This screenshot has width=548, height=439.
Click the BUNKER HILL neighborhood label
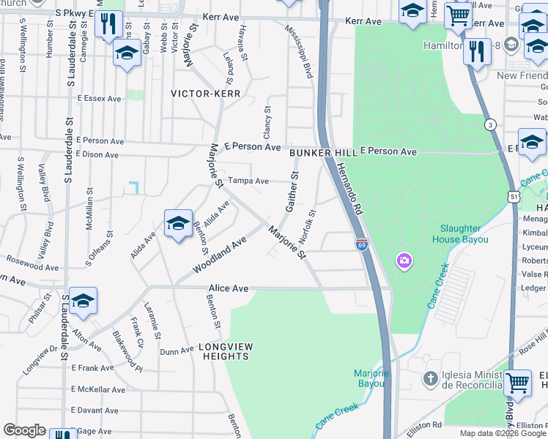pos(322,153)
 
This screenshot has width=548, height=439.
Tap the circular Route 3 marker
pos(489,125)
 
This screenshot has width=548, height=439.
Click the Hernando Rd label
pos(349,187)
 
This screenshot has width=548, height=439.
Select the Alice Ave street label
pos(229,288)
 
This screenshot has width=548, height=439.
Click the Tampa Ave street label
pos(248,181)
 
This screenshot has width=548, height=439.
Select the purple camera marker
pos(404,260)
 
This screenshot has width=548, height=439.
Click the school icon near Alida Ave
pos(177,225)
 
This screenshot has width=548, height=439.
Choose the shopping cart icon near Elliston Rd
pos(518,382)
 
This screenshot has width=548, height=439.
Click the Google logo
pos(24,430)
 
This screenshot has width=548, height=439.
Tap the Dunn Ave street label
pos(177,351)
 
